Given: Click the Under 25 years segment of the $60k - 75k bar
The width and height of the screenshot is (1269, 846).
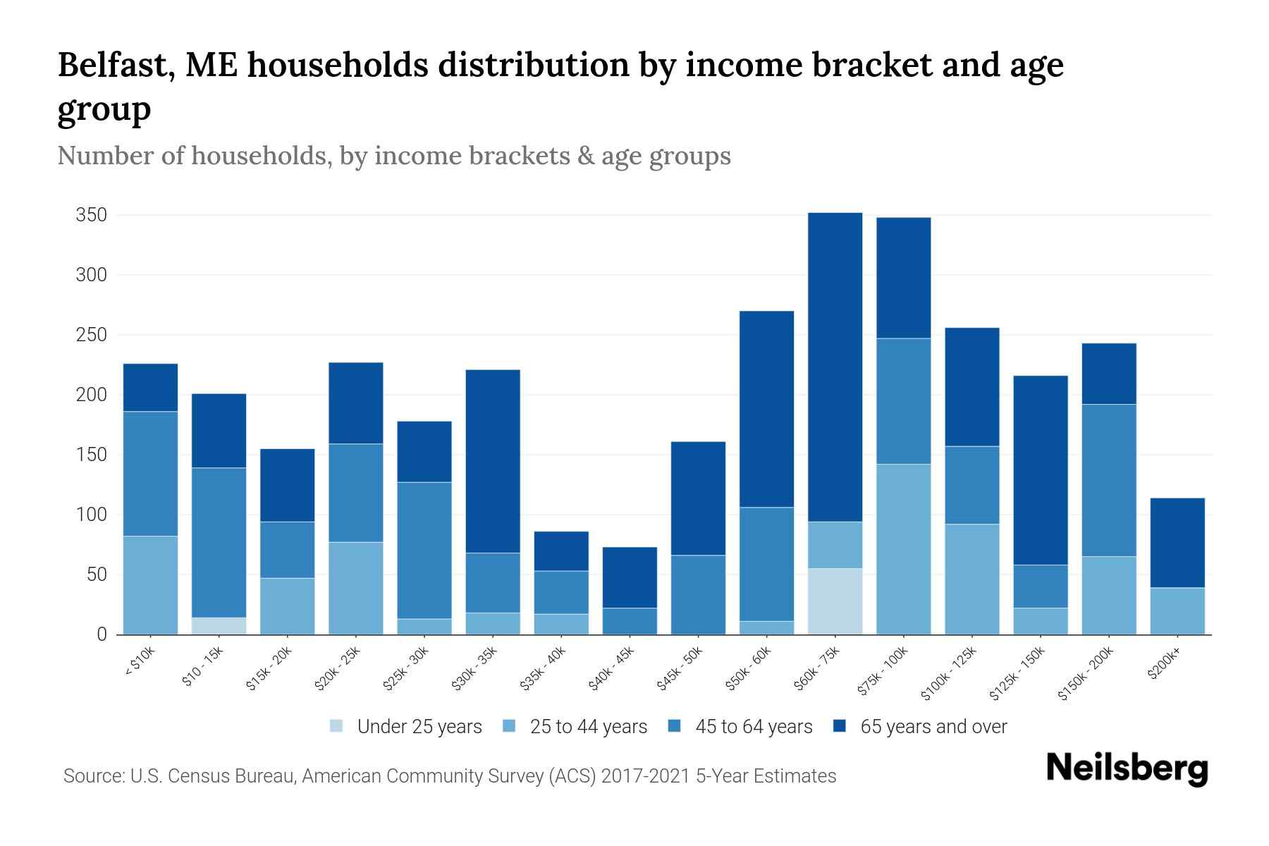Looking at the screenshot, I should click(x=835, y=601).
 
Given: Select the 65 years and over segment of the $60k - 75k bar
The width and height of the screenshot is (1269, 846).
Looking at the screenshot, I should click(x=835, y=367).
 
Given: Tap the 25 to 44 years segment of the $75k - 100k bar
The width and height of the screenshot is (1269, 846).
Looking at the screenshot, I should click(x=903, y=548).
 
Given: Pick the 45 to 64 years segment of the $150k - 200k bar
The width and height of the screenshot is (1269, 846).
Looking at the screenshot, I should click(x=1109, y=480).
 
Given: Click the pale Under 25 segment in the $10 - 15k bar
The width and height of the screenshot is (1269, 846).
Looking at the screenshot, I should click(x=219, y=626).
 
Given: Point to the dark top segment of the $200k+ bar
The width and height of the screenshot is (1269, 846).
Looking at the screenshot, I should click(x=1177, y=543).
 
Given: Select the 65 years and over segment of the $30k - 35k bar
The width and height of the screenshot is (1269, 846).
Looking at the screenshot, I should click(x=493, y=461).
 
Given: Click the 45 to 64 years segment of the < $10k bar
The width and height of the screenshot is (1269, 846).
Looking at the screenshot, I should click(x=150, y=474).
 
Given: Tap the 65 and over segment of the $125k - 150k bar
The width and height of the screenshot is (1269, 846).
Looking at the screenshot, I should click(x=1041, y=470).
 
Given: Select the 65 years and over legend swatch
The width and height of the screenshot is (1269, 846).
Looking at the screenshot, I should click(x=840, y=726).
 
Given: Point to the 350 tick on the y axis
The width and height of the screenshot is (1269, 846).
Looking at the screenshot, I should click(x=91, y=215).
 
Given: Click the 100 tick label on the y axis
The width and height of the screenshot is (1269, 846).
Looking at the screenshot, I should click(x=91, y=515).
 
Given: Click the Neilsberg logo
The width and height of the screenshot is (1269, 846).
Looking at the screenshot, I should click(x=1127, y=768).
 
